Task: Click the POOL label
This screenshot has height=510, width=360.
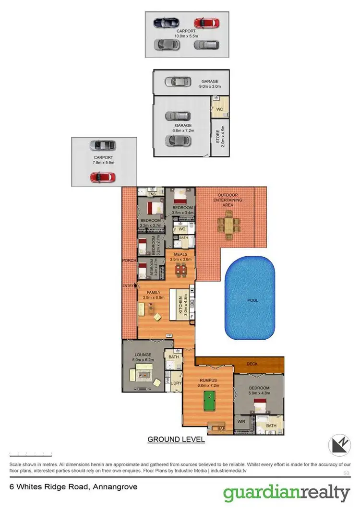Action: [x=252, y=301]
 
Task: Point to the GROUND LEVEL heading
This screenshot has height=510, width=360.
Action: [x=176, y=439]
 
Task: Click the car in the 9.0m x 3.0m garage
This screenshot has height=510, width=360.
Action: [x=175, y=82]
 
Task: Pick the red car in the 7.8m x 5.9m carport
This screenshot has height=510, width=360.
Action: [x=102, y=177]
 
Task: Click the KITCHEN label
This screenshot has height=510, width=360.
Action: [x=180, y=305]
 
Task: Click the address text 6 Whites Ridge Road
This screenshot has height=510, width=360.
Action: [x=73, y=486]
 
